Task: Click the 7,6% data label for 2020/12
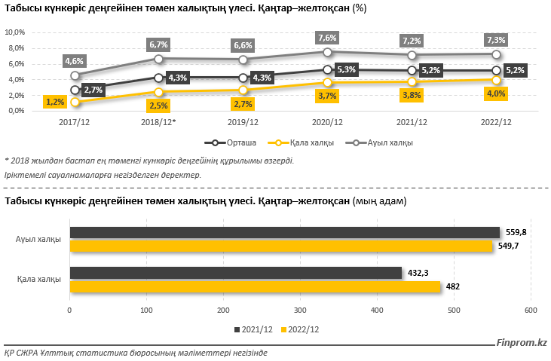328,38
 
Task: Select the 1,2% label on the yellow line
54,102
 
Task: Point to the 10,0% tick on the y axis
15,32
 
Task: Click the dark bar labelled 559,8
284,232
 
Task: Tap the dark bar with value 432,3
235,273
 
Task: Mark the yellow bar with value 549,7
280,246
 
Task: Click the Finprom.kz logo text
522,343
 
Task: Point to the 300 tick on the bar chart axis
300,310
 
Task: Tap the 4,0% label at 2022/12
495,93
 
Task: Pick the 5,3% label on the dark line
346,69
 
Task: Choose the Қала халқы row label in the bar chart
39,280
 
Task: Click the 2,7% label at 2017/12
93,90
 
